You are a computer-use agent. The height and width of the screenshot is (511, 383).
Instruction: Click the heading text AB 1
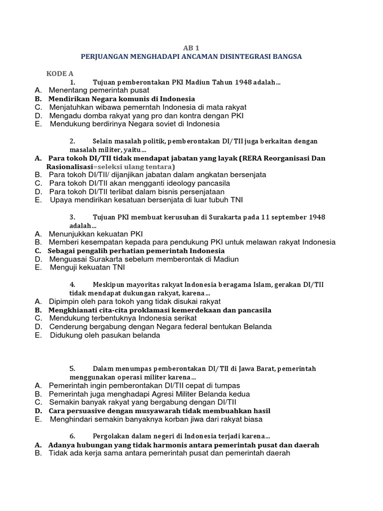pyautogui.click(x=191, y=47)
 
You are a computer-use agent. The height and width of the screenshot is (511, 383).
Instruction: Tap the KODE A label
pyautogui.click(x=60, y=73)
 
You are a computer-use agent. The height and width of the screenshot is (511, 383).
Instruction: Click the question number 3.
pyautogui.click(x=72, y=217)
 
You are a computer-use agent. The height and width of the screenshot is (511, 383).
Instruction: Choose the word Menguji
pyautogui.click(x=63, y=267)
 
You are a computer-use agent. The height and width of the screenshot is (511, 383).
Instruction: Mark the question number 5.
pyautogui.click(x=72, y=369)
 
